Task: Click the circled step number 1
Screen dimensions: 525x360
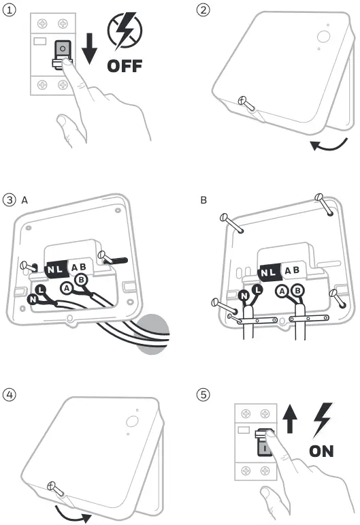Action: tap(9, 10)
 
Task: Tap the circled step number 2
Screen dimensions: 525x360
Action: tap(202, 10)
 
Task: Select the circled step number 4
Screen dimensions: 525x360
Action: tap(9, 394)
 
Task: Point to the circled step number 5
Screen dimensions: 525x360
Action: tap(202, 394)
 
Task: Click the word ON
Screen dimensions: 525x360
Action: tap(322, 451)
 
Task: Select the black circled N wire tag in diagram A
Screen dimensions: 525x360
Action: tap(33, 299)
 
